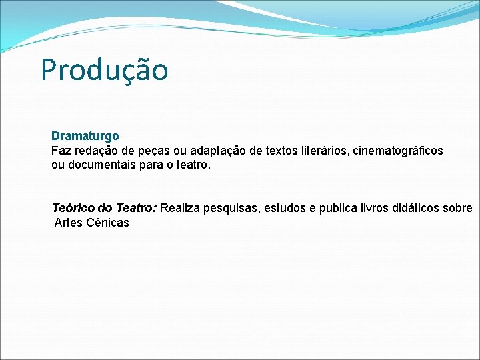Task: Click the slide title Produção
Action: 104,70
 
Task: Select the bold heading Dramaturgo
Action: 85,136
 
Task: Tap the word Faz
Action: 61,151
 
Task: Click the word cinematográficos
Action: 399,151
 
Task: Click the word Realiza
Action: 180,208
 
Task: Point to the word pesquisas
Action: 231,209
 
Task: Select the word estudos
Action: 285,208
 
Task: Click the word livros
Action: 379,208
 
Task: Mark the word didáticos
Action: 420,208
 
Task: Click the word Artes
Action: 69,222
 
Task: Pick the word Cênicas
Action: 108,222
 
